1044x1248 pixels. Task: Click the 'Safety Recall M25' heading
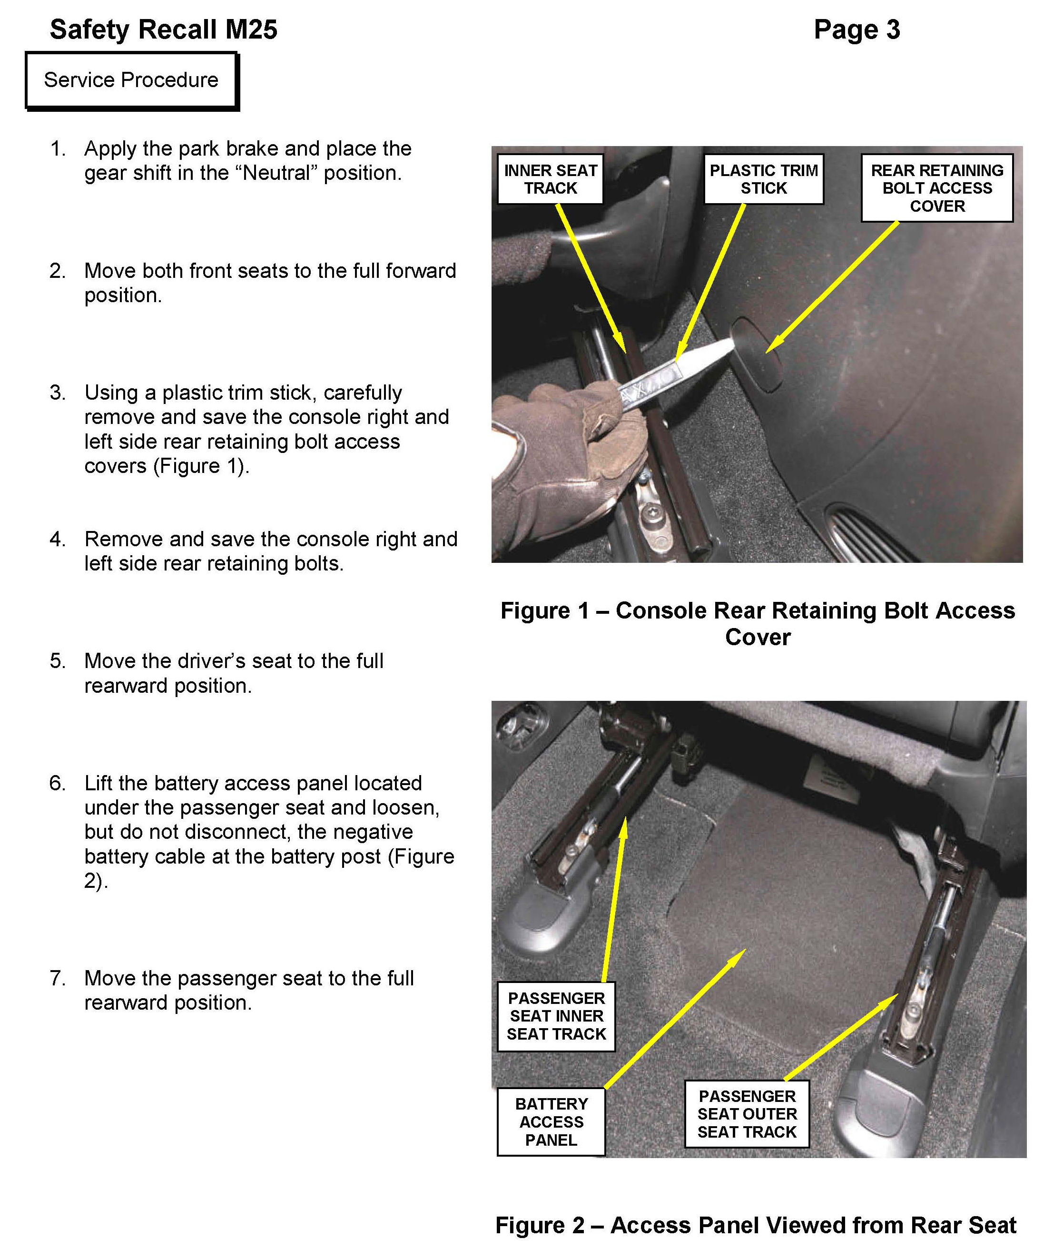click(x=163, y=29)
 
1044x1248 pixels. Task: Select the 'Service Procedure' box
click(x=131, y=80)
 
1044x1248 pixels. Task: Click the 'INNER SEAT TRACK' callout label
click(x=550, y=179)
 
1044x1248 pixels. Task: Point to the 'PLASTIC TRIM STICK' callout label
click(x=764, y=179)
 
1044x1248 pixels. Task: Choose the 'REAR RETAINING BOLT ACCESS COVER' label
click(x=936, y=188)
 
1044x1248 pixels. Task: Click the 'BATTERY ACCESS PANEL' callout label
click(x=551, y=1122)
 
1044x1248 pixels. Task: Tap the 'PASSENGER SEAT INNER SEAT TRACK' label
click(x=556, y=1016)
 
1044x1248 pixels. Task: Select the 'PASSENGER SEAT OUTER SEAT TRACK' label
click(x=747, y=1114)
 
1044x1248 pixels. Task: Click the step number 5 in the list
click(x=57, y=661)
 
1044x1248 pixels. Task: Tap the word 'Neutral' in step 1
click(x=279, y=173)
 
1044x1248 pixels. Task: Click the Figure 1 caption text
click(x=758, y=623)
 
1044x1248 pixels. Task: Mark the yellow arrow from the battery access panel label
click(x=674, y=1019)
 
